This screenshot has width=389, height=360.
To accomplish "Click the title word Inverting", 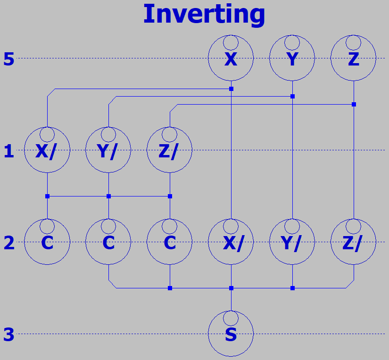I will [x=204, y=14].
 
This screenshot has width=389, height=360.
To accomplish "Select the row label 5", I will [x=9, y=59].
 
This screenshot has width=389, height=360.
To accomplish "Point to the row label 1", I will [x=9, y=152].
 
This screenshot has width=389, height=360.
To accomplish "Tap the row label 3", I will [x=9, y=335].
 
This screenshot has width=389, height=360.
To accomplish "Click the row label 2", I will [x=9, y=243].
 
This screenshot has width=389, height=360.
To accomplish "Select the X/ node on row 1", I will [x=47, y=150].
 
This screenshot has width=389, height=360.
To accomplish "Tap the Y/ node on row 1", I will [x=108, y=150].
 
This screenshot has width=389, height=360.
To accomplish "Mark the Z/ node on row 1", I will [x=170, y=150].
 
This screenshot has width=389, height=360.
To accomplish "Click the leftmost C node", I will [x=47, y=242].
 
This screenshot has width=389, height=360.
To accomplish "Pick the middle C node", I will [x=108, y=242].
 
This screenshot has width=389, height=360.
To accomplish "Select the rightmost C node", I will [x=170, y=242].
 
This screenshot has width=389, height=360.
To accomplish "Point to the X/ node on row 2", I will [x=231, y=242].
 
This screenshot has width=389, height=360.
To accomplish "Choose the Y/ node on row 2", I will [x=292, y=242].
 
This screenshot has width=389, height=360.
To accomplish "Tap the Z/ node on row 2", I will [x=354, y=242].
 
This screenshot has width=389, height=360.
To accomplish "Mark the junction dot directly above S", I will [x=231, y=288].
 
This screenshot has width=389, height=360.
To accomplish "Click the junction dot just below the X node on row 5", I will [x=231, y=89].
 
